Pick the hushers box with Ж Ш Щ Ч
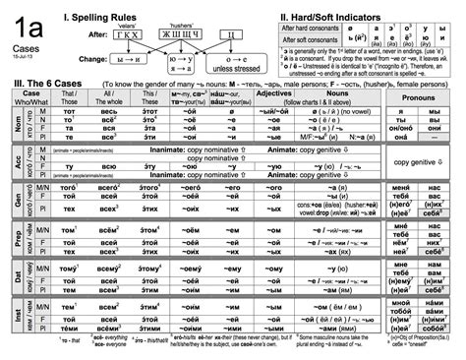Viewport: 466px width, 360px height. (x=186, y=33)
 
